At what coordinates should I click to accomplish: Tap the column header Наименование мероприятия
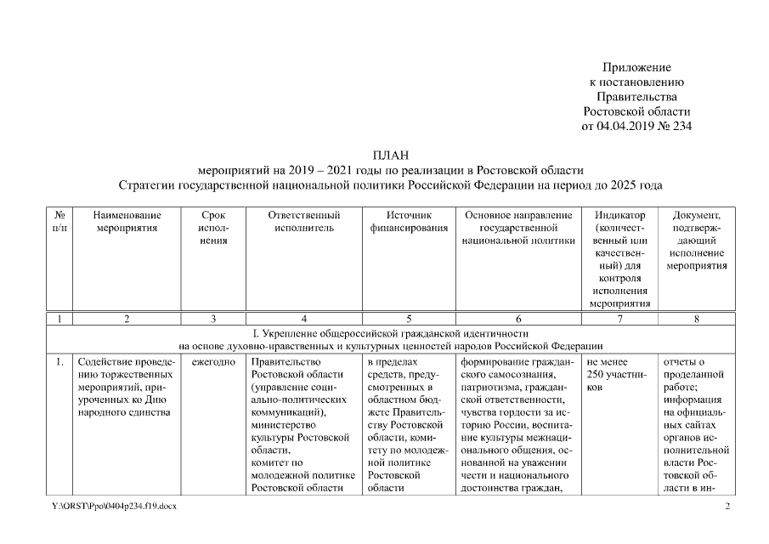[x=127, y=222]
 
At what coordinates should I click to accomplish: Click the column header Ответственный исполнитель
[x=303, y=222]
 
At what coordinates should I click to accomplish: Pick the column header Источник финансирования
[x=409, y=222]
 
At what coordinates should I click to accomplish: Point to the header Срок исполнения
[x=213, y=228]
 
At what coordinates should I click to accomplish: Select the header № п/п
[x=59, y=222]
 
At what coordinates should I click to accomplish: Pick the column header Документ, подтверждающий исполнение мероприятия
[x=696, y=241]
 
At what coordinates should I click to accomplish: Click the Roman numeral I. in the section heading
[x=246, y=333]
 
